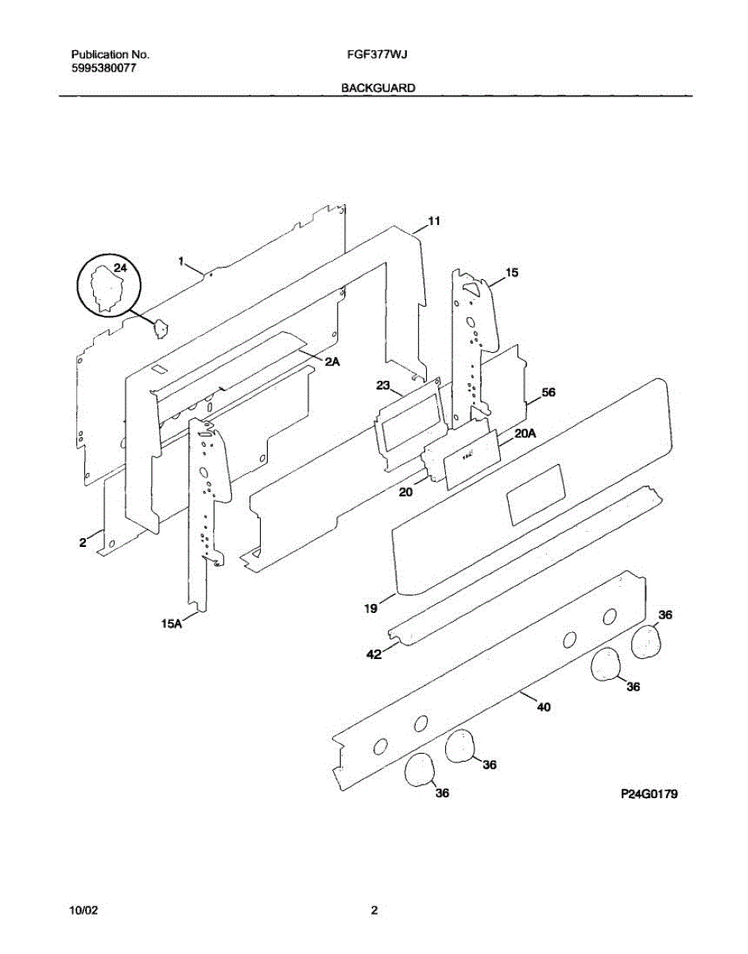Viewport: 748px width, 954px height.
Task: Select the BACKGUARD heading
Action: (x=378, y=88)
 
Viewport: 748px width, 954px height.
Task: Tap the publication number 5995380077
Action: (x=103, y=68)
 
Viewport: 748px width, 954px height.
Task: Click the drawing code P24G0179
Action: (x=649, y=794)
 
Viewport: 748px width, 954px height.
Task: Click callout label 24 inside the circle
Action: (x=119, y=269)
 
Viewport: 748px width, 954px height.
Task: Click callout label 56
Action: (x=548, y=393)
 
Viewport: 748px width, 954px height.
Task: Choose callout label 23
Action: (x=383, y=386)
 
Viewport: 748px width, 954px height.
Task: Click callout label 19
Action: (x=370, y=609)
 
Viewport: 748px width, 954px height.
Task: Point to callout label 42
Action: (x=373, y=654)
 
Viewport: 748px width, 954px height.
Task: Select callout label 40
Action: (x=544, y=707)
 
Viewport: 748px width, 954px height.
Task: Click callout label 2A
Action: (x=332, y=362)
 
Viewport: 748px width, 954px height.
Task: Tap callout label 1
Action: (x=181, y=261)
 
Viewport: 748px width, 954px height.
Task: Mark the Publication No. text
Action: (x=110, y=55)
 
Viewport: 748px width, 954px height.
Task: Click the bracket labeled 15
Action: (x=475, y=342)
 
